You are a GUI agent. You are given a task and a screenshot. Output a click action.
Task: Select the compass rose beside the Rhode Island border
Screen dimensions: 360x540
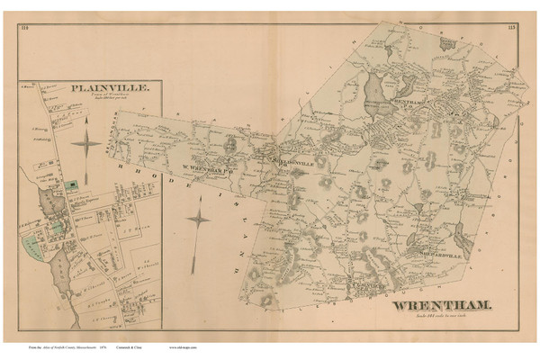[198, 218]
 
